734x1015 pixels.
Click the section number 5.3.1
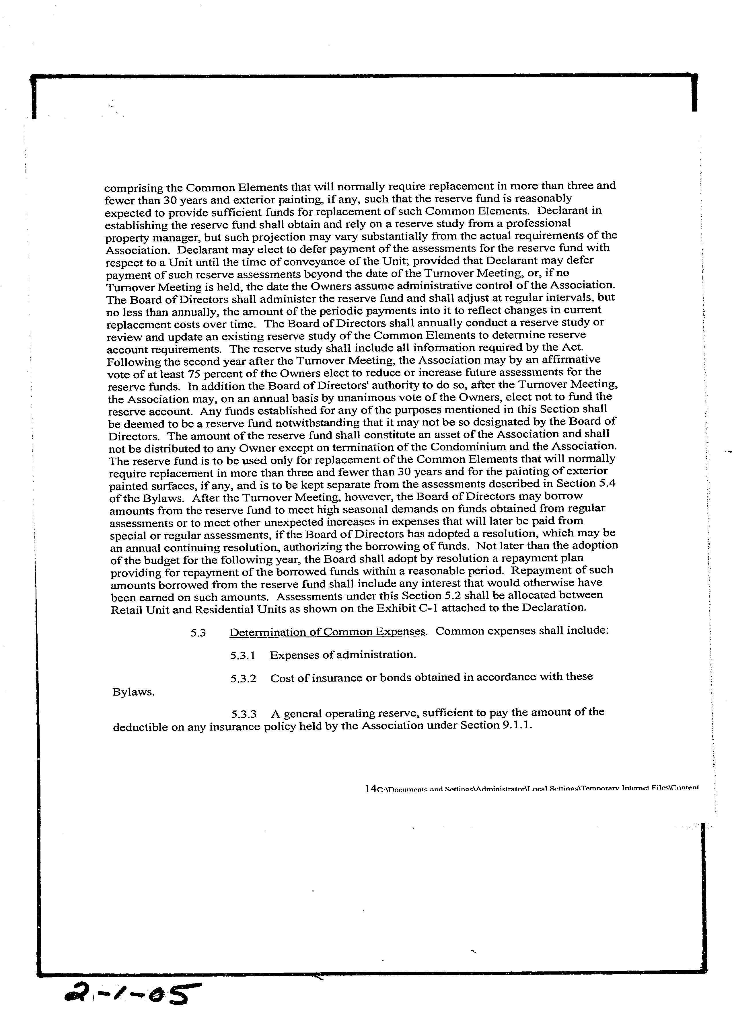243,656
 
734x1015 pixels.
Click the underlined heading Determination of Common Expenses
327,632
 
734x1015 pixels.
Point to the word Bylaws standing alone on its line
133,692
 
